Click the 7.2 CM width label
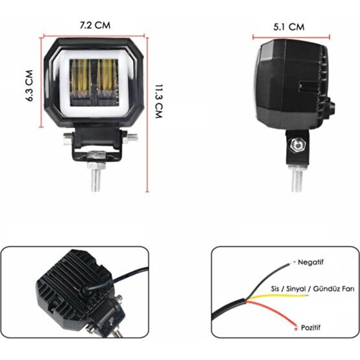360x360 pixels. pyautogui.click(x=95, y=25)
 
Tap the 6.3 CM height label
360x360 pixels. pyautogui.click(x=29, y=86)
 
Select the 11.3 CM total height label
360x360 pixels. pyautogui.click(x=159, y=101)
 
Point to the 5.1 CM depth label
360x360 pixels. pyautogui.click(x=289, y=27)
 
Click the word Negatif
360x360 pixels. pyautogui.click(x=311, y=262)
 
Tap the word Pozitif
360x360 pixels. pyautogui.click(x=311, y=328)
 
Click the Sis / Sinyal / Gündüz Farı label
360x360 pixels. pyautogui.click(x=313, y=289)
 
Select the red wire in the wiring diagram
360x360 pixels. pyautogui.click(x=271, y=313)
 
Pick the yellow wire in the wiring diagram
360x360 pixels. pyautogui.click(x=277, y=296)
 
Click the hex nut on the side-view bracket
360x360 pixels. pyautogui.click(x=298, y=145)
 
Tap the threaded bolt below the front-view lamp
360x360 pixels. pyautogui.click(x=97, y=177)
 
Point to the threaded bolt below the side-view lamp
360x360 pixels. pyautogui.click(x=297, y=179)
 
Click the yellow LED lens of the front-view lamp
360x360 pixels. pyautogui.click(x=93, y=82)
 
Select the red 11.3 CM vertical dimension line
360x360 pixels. pyautogui.click(x=147, y=115)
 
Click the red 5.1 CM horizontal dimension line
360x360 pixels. pyautogui.click(x=291, y=37)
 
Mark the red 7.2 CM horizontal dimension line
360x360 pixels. pyautogui.click(x=94, y=36)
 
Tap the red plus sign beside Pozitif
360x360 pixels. pyautogui.click(x=296, y=329)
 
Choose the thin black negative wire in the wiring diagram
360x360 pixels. pyautogui.click(x=268, y=281)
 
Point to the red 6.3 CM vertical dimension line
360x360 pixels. pyautogui.click(x=42, y=82)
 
